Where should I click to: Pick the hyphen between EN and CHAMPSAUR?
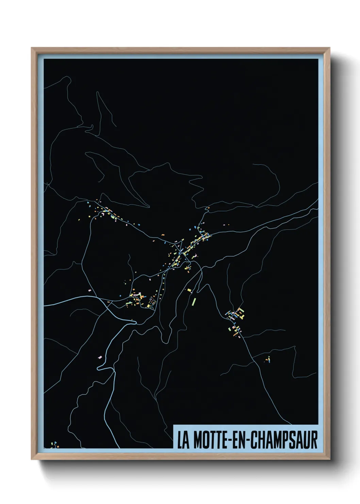(x=247, y=441)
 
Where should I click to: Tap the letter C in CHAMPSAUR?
(x=254, y=440)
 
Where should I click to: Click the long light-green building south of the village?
(x=194, y=301)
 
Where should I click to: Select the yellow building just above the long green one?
(x=189, y=290)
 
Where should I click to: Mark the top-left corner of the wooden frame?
(x=32, y=48)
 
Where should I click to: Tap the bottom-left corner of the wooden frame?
(x=32, y=460)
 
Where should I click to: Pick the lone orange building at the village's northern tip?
(x=195, y=226)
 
